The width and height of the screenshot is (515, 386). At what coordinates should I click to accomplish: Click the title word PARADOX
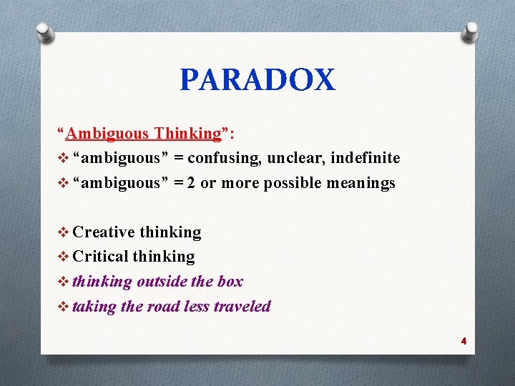[x=257, y=80]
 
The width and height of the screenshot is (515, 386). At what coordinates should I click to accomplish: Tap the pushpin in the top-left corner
[x=45, y=31]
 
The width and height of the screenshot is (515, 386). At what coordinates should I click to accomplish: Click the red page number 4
[x=463, y=342]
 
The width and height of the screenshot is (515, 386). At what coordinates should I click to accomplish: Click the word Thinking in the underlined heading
[x=188, y=134]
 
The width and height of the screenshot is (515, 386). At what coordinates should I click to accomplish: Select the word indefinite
[x=364, y=158]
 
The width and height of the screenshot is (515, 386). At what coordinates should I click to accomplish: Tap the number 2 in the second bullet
[x=191, y=183]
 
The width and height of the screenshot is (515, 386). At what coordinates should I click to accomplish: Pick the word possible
[x=292, y=183]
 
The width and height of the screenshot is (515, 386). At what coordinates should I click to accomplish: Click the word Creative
[x=104, y=232]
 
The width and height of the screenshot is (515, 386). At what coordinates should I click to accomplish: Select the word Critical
[x=101, y=257]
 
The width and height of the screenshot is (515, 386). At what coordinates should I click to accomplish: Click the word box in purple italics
[x=230, y=282]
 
